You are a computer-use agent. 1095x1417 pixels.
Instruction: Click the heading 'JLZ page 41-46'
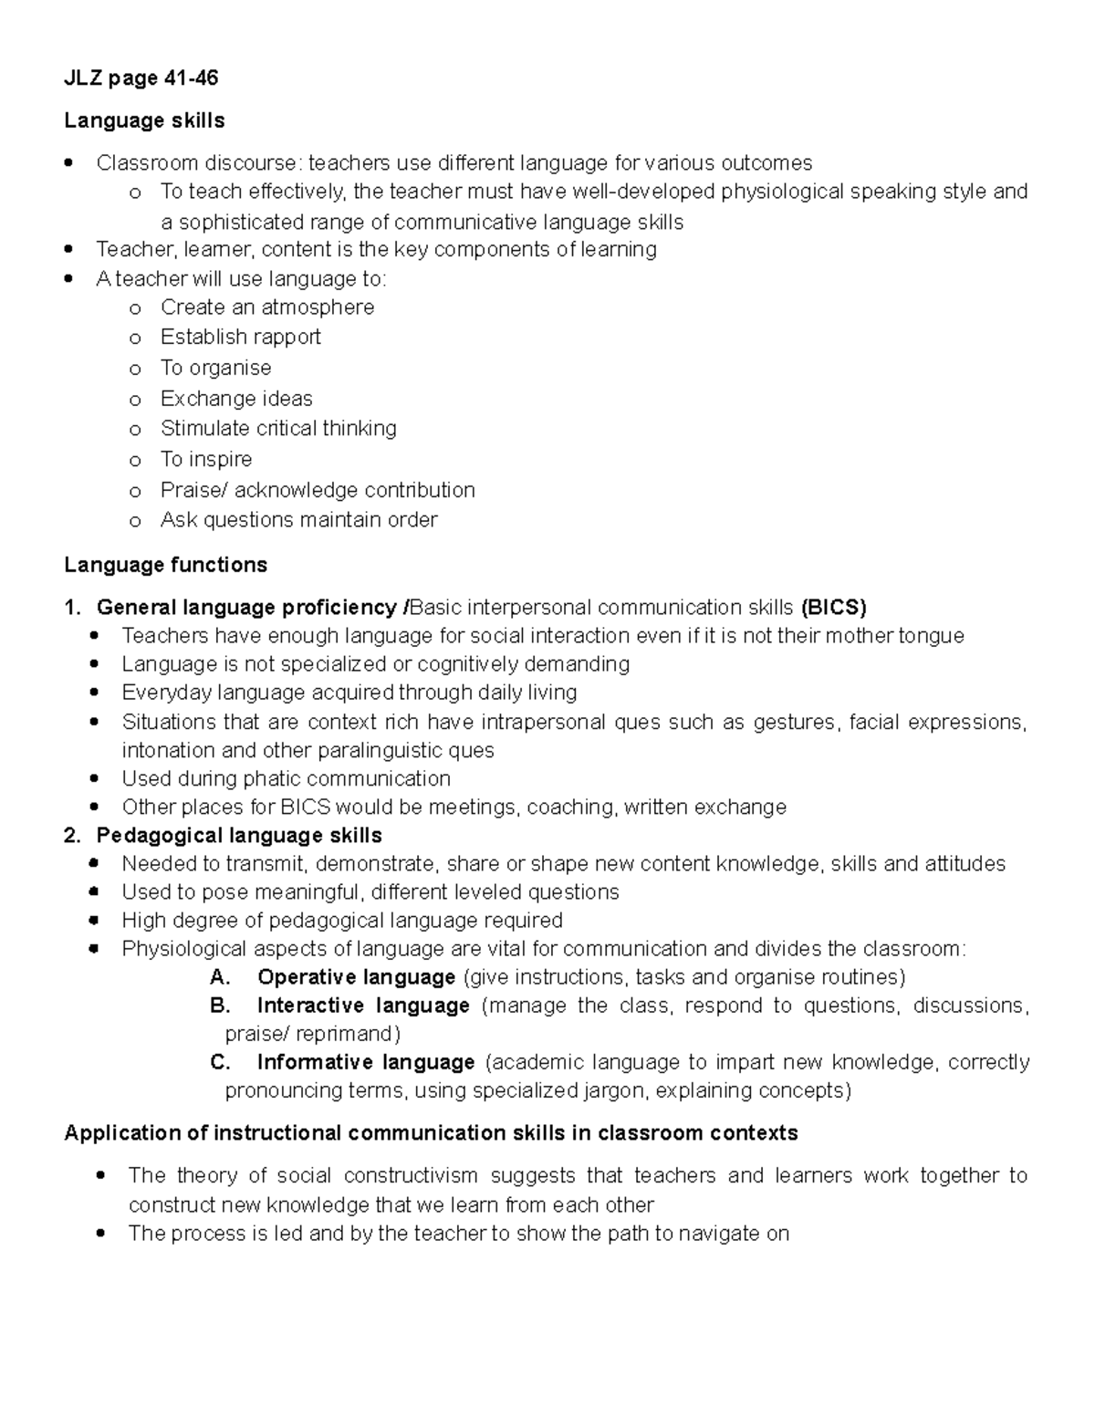click(x=141, y=78)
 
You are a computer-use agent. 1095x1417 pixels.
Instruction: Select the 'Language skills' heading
click(x=144, y=120)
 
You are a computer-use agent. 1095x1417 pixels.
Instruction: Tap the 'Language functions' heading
click(x=165, y=565)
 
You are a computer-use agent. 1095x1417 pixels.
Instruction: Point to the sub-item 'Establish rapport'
click(x=240, y=337)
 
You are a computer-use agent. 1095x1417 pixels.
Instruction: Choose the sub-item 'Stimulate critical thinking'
click(x=278, y=428)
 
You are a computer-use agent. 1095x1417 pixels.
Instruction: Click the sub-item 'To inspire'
click(x=206, y=459)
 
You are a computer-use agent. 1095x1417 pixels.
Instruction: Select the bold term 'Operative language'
click(x=356, y=977)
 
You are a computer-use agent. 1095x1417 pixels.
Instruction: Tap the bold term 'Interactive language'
click(x=363, y=1005)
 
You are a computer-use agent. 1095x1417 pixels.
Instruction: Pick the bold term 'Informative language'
click(x=366, y=1062)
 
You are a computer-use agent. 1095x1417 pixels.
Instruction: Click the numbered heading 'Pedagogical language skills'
click(x=239, y=835)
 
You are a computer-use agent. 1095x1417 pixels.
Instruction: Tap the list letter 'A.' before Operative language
click(x=220, y=977)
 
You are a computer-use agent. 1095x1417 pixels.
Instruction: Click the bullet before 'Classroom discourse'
click(x=69, y=163)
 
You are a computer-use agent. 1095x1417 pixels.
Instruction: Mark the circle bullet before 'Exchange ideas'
click(x=135, y=400)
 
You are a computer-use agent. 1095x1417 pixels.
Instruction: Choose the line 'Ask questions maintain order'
click(x=298, y=520)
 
